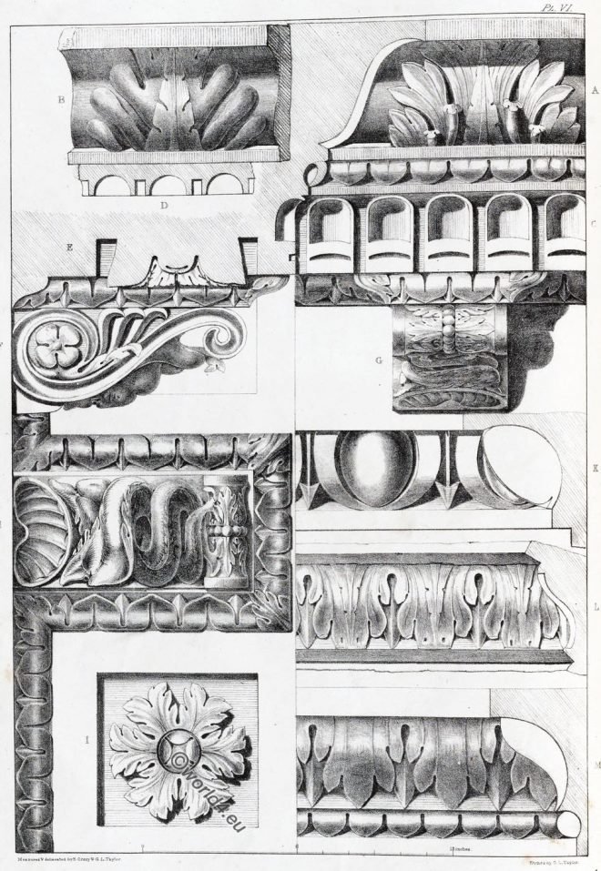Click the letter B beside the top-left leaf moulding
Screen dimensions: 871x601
click(x=60, y=101)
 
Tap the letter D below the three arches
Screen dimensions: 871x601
click(x=165, y=206)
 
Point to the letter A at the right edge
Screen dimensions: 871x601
click(x=593, y=90)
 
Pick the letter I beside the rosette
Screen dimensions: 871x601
click(x=87, y=741)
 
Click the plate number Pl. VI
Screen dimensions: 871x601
click(x=579, y=7)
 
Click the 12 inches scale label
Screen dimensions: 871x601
click(x=459, y=848)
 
